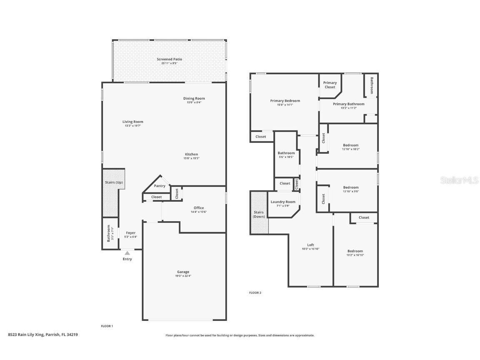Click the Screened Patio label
169,59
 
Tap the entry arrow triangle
127,253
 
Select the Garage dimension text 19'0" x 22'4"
183,276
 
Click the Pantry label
160,186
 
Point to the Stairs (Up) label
113,182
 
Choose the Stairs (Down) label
259,214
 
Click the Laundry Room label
283,202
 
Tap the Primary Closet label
330,85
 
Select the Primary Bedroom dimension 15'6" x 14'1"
285,105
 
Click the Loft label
310,245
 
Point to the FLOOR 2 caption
255,293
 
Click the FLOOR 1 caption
107,326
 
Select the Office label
199,207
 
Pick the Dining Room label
194,98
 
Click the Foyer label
131,232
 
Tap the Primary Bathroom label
348,104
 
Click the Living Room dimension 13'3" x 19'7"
133,126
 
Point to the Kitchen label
192,154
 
